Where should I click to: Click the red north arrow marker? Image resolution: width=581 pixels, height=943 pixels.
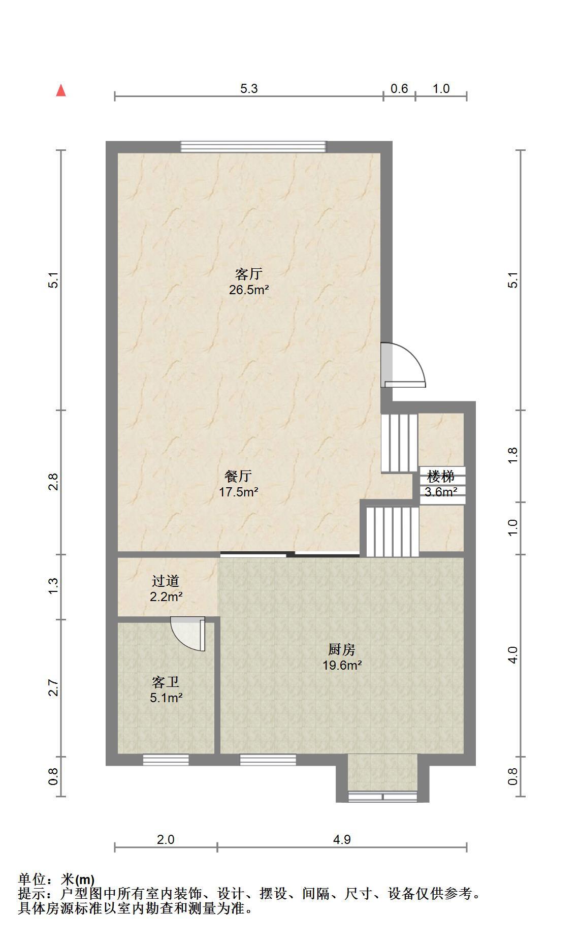(61, 90)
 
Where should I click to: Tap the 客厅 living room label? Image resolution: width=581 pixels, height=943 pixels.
(249, 274)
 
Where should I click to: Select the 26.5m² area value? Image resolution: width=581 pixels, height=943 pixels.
(249, 291)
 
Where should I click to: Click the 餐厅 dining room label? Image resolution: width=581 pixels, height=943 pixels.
(238, 476)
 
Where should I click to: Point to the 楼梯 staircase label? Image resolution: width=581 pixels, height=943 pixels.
(440, 477)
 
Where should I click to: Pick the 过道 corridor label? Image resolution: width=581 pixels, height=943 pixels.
(166, 581)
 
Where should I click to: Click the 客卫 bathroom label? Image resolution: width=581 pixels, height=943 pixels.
(166, 682)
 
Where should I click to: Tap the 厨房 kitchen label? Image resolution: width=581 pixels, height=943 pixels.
(342, 649)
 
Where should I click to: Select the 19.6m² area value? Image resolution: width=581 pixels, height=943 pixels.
(342, 666)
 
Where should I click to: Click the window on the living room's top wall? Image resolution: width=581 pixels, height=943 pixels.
(253, 147)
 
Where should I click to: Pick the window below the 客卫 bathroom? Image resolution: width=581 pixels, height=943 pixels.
(166, 760)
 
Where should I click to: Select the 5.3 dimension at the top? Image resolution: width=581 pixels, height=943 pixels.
(249, 89)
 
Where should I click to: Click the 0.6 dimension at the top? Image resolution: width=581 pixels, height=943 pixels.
(399, 89)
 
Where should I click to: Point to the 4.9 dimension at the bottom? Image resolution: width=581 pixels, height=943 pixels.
(342, 839)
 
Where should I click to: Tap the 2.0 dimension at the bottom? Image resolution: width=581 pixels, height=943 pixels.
(166, 839)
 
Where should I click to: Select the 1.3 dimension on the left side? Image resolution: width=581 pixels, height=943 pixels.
(53, 587)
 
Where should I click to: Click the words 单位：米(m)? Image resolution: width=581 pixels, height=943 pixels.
(56, 879)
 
